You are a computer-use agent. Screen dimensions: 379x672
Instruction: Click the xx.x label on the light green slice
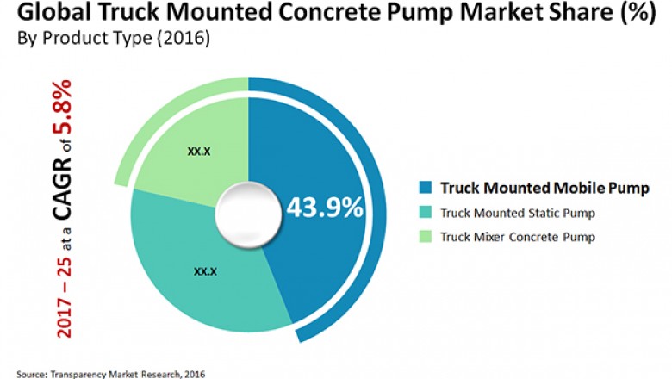pyautogui.click(x=200, y=152)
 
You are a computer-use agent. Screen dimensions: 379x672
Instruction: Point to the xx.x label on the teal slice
pyautogui.click(x=205, y=271)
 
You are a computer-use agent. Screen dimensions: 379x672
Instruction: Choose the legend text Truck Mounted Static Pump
pyautogui.click(x=518, y=212)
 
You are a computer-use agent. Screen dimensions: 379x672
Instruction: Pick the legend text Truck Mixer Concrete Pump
pyautogui.click(x=518, y=235)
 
